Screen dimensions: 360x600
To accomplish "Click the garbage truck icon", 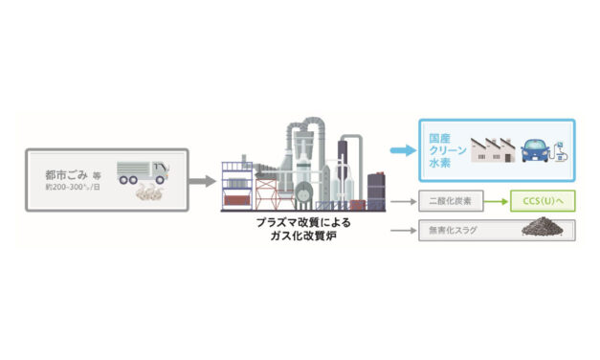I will (x=142, y=173).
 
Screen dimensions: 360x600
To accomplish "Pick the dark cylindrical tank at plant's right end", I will (x=376, y=189).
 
